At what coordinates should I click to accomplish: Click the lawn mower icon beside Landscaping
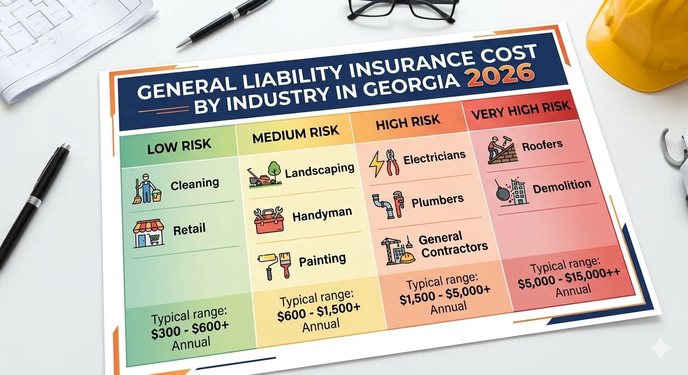264,174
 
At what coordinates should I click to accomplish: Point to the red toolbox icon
268,220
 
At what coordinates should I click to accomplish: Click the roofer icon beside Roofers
500,149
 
